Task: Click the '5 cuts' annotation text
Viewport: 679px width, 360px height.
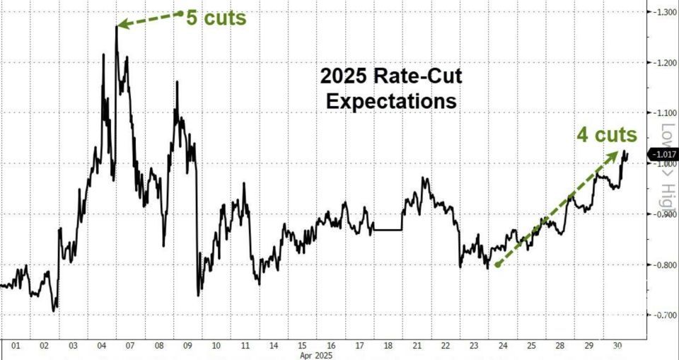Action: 216,17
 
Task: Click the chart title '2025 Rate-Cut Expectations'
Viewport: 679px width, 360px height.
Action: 390,88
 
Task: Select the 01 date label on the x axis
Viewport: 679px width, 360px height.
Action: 14,347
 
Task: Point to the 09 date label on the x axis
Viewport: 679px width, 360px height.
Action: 187,347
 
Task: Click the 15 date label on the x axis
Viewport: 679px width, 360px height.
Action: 302,347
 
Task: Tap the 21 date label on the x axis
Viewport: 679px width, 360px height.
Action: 417,347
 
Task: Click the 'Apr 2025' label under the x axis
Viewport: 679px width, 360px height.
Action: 315,355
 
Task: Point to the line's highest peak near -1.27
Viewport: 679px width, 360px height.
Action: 116,28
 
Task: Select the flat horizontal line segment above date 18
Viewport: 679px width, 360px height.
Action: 388,230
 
